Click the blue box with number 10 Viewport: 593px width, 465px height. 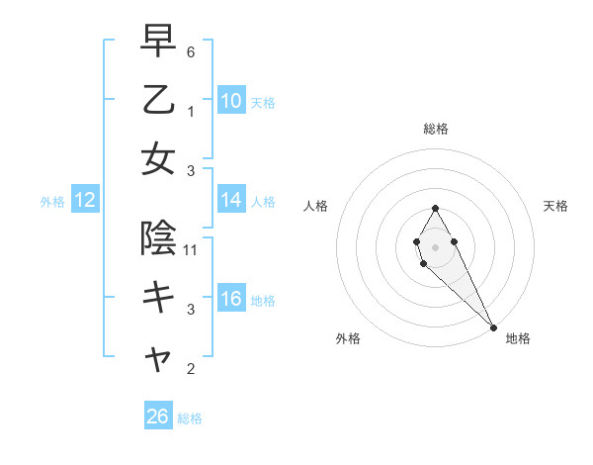[x=231, y=100]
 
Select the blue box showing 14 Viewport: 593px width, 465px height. [x=231, y=201]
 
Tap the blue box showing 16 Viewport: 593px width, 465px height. [x=231, y=300]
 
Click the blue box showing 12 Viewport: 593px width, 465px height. [x=85, y=201]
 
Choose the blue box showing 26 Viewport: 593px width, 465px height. [x=158, y=417]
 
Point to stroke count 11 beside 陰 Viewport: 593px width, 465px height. [x=192, y=250]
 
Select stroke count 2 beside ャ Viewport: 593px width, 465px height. [x=191, y=370]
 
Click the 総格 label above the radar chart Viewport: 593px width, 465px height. [x=436, y=129]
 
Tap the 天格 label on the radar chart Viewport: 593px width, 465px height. [x=555, y=206]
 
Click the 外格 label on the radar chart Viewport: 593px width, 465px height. [x=348, y=339]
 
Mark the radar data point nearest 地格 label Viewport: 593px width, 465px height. [x=493, y=327]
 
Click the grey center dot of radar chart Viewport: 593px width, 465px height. [x=435, y=246]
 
